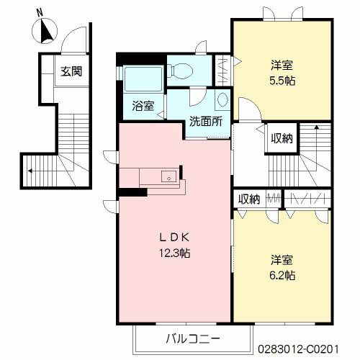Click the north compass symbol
45,31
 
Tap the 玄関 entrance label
71,71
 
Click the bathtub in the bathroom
143,79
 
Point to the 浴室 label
143,106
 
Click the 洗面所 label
206,122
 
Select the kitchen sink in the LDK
169,177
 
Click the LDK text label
175,238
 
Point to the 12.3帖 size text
175,253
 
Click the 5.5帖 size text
282,81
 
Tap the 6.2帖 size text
282,275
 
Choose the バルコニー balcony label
193,338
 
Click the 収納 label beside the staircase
282,138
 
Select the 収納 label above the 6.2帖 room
249,199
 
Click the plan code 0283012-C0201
298,349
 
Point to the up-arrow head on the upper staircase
317,127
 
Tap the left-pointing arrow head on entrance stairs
30,171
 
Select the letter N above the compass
40,12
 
